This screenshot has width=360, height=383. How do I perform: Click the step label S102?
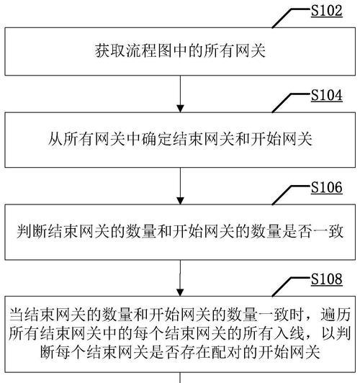click(327, 12)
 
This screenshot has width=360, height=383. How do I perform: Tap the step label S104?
click(327, 96)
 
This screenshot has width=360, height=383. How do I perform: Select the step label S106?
click(327, 188)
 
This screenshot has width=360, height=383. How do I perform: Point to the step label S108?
click(327, 279)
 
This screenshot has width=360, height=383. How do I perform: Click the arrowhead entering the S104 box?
click(180, 109)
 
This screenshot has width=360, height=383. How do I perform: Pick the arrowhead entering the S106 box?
click(180, 201)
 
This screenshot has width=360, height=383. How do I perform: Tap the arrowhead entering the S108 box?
click(180, 292)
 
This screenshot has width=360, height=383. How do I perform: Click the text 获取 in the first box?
click(111, 51)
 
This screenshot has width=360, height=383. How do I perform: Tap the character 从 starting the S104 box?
click(55, 139)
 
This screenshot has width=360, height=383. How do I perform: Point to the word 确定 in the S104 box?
click(157, 139)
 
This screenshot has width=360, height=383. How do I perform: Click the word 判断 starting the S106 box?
click(32, 231)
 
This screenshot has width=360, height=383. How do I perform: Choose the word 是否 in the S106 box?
click(297, 231)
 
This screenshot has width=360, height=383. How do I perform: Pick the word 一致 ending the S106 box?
click(328, 231)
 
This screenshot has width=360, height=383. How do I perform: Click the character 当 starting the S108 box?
click(17, 315)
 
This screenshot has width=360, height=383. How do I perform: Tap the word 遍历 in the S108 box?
click(336, 315)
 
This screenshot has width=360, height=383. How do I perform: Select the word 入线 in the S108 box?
click(289, 333)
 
